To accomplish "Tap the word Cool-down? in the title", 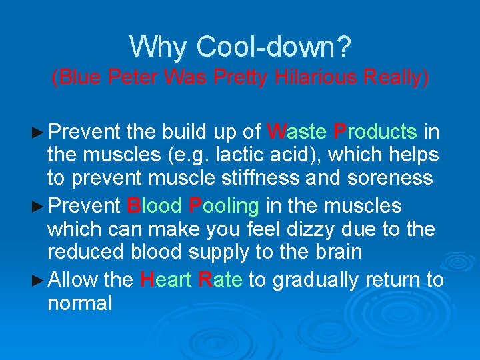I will click(273, 47).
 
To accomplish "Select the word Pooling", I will click(224, 205).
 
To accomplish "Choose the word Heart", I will click(167, 279).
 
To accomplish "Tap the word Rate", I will click(221, 279).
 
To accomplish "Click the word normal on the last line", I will click(79, 304).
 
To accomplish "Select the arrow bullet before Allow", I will click(40, 280).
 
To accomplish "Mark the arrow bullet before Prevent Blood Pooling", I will click(40, 206).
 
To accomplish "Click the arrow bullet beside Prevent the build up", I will click(40, 131).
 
